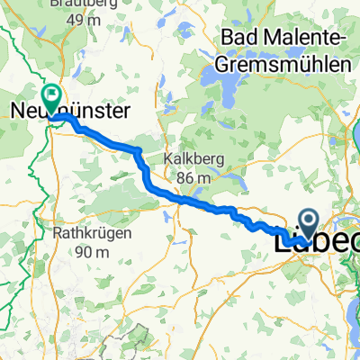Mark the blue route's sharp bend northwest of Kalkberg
coord(138,149)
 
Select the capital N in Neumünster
coord(18,111)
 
